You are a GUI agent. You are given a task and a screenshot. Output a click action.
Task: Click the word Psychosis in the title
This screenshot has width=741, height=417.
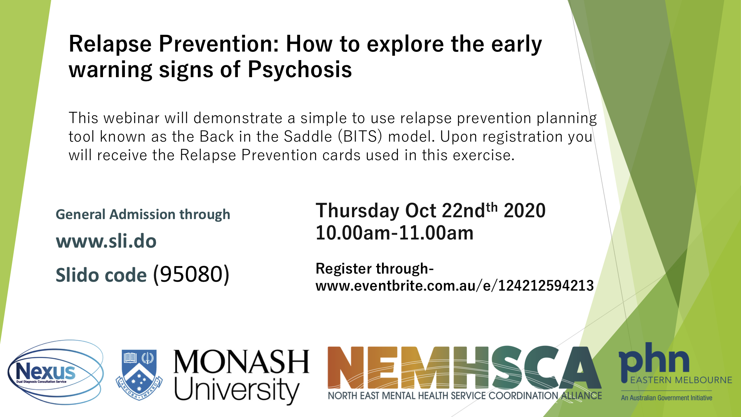(300, 69)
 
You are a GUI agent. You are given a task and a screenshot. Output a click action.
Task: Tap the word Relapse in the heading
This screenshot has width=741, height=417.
(110, 44)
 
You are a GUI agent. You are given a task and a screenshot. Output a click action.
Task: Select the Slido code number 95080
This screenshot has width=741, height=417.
(191, 274)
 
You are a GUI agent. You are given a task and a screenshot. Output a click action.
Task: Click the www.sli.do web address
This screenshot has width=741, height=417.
(106, 241)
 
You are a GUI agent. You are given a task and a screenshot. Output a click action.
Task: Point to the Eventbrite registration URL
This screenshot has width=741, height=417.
(455, 286)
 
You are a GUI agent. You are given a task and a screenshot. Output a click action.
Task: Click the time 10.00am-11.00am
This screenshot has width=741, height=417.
(395, 233)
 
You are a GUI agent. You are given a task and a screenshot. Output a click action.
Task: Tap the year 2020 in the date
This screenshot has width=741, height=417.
(525, 211)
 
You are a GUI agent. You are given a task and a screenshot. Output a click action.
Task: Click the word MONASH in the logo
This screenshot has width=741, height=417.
(241, 362)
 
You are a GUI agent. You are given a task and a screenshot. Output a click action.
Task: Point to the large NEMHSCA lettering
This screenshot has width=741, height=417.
(464, 368)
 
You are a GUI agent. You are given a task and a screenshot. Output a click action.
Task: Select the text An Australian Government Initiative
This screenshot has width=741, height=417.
(667, 398)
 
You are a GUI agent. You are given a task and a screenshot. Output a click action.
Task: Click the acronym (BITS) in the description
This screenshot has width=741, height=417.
(360, 136)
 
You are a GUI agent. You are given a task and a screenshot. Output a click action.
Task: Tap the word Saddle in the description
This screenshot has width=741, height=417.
(308, 137)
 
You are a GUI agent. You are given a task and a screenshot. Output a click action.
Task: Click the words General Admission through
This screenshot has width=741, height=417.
(143, 215)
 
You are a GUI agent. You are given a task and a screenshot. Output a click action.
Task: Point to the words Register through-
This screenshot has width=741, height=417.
(375, 269)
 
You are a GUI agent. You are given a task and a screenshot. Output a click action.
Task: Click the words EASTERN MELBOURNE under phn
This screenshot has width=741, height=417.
(681, 380)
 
